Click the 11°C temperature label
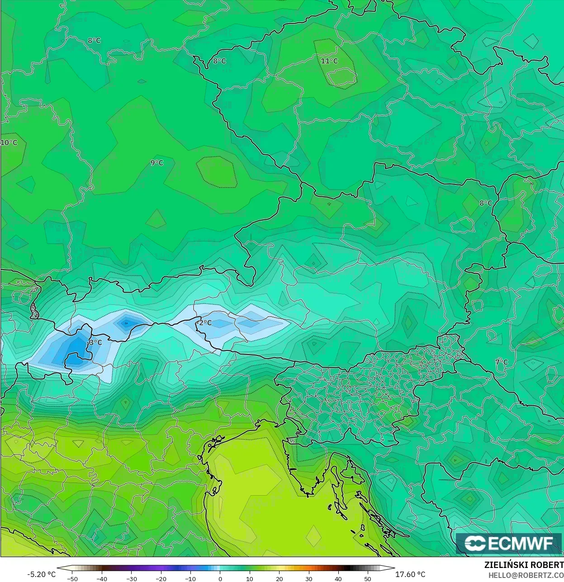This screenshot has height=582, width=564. point(329,61)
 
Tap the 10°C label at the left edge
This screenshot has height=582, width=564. point(9,143)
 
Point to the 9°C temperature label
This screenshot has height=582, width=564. point(157,163)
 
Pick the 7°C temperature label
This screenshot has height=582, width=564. point(502,362)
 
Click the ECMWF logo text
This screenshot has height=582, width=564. point(520,543)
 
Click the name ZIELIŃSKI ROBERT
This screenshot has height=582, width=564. point(524,565)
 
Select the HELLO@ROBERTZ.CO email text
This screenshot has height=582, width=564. point(526,574)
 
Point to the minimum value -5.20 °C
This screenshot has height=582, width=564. point(42,574)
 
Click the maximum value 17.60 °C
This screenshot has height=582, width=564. point(410,574)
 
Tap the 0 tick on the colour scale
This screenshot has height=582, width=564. point(220,578)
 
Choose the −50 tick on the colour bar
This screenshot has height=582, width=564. point(72,578)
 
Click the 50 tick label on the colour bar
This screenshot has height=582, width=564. point(368,578)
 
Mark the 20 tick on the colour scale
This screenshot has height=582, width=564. point(280,578)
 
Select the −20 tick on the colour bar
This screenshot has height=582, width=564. point(161,578)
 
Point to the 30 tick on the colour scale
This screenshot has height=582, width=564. point(309,578)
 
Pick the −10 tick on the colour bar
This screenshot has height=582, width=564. point(190,578)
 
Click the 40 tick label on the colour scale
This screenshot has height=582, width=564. point(338,578)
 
